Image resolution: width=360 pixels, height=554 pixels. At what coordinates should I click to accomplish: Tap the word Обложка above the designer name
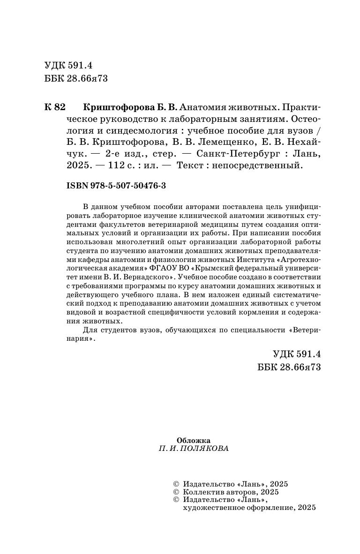coord(194,440)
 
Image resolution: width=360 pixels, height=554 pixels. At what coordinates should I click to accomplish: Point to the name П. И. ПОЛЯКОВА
coord(194,449)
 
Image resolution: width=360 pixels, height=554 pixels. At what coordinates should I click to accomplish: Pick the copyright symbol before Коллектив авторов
coord(176,492)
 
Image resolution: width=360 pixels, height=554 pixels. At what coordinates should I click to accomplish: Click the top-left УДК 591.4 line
coord(68,66)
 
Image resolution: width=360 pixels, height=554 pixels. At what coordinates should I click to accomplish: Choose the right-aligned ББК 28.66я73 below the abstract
coord(289,367)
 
